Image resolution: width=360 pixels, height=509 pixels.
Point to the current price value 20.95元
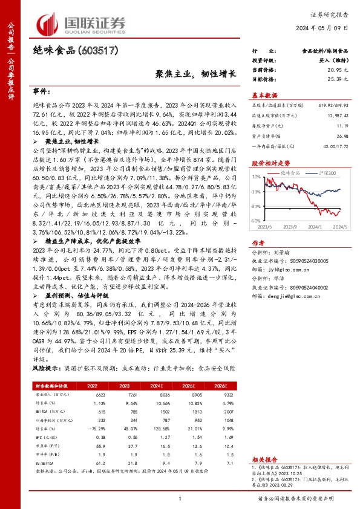tap(337, 71)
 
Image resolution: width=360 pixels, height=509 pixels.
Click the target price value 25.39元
tap(337, 79)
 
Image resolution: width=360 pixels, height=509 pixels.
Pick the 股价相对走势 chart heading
tap(270, 163)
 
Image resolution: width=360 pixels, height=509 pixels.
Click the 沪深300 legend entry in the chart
tap(327, 173)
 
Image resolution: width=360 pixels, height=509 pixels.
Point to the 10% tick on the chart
tap(256, 177)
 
